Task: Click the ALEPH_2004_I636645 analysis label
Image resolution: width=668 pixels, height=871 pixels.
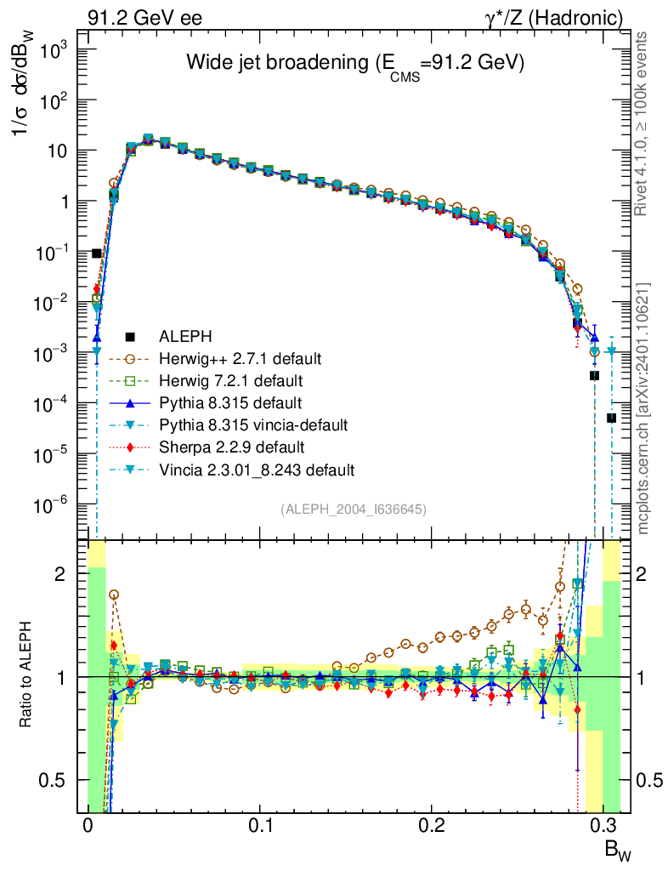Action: pos(353,509)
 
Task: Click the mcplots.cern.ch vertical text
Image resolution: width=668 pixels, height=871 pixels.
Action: pos(643,408)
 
